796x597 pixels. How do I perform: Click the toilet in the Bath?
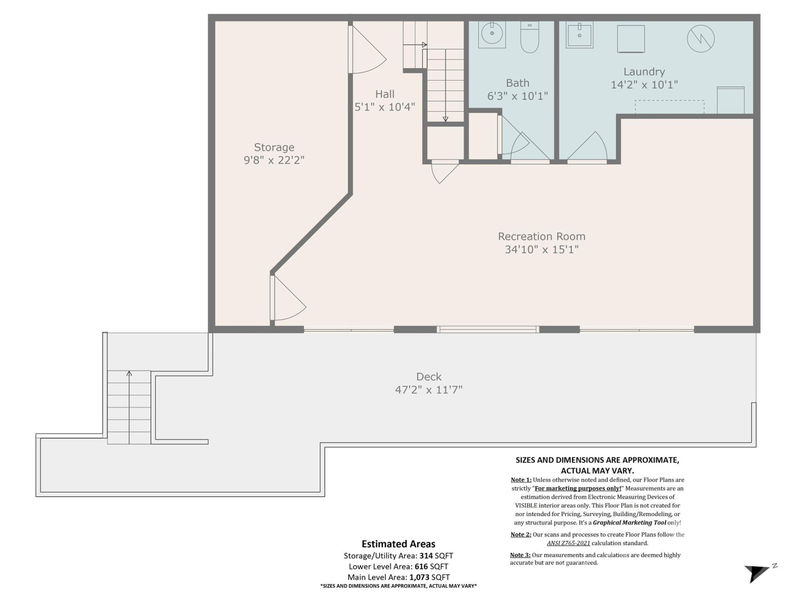tap(529, 38)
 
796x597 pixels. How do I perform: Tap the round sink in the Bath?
tap(492, 33)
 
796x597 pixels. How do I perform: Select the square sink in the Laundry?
tap(580, 35)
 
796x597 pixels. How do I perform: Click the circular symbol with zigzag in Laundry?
tap(701, 39)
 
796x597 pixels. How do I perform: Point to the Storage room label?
tap(274, 147)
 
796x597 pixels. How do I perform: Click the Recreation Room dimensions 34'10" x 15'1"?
tap(541, 250)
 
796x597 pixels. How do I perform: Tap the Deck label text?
tap(429, 376)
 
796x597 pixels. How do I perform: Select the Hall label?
tap(385, 94)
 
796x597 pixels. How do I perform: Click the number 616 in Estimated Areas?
tap(421, 566)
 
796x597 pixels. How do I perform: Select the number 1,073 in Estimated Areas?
tap(419, 577)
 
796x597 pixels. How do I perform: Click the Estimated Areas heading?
tap(398, 544)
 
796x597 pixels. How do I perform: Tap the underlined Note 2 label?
tap(521, 534)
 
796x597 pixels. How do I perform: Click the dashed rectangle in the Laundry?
tap(669, 107)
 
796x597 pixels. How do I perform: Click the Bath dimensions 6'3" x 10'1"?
tap(517, 96)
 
